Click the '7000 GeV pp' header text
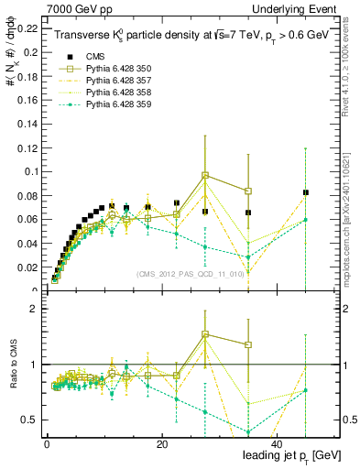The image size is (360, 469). [71, 7]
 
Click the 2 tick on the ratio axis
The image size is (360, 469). [36, 309]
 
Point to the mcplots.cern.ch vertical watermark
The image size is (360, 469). [350, 220]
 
